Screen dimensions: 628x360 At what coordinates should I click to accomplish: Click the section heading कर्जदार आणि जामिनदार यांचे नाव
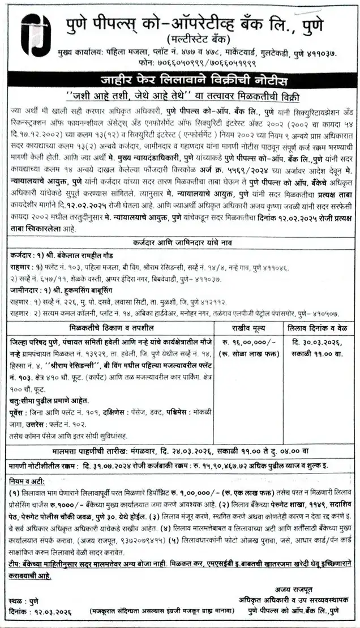coord(180,243)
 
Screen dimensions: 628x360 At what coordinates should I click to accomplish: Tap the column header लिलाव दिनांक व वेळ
coord(320,328)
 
